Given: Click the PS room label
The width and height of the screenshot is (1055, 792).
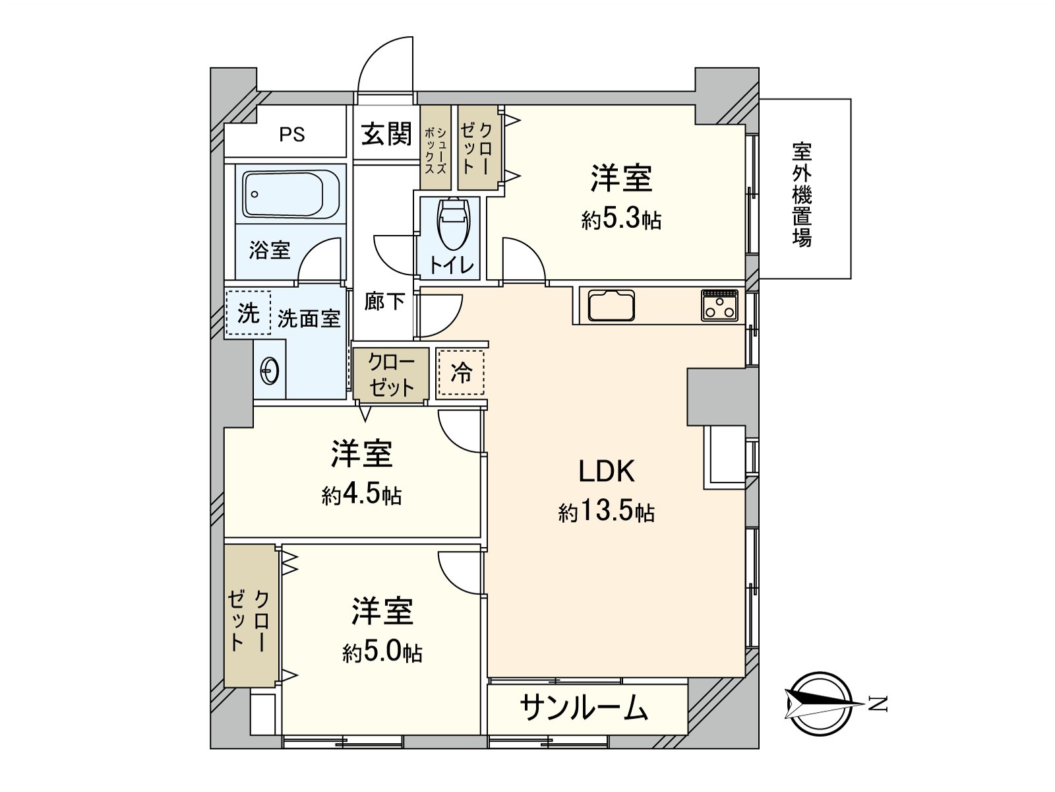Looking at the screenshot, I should click(x=291, y=135).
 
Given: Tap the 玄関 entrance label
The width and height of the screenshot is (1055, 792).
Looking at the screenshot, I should click(x=386, y=134).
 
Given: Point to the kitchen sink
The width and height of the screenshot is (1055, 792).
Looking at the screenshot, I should click(x=611, y=306).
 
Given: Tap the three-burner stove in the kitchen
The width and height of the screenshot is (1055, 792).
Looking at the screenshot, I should click(x=719, y=306).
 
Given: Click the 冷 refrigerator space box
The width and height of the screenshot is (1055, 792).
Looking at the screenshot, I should click(x=461, y=373).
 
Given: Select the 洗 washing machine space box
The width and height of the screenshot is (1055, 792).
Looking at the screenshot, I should click(x=248, y=313).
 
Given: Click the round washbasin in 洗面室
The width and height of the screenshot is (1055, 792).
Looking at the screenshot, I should click(x=270, y=371).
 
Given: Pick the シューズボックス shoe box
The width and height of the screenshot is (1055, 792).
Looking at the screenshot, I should click(x=435, y=148).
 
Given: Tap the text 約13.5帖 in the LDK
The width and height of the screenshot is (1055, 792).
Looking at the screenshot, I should click(x=606, y=512).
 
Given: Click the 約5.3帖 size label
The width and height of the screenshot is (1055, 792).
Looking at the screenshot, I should click(x=621, y=219).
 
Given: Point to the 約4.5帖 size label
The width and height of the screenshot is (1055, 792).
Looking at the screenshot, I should click(x=361, y=495).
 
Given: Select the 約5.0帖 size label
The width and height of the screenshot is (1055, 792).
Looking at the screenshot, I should click(x=382, y=653).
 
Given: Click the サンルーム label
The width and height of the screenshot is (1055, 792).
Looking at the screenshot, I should click(x=584, y=708).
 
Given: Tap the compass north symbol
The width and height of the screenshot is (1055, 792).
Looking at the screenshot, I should click(x=821, y=704).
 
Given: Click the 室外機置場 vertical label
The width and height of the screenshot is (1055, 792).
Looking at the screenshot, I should click(x=802, y=195).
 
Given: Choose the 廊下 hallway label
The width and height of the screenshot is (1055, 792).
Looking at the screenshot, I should click(x=385, y=302).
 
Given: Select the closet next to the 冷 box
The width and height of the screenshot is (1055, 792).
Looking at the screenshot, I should click(x=391, y=374).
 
